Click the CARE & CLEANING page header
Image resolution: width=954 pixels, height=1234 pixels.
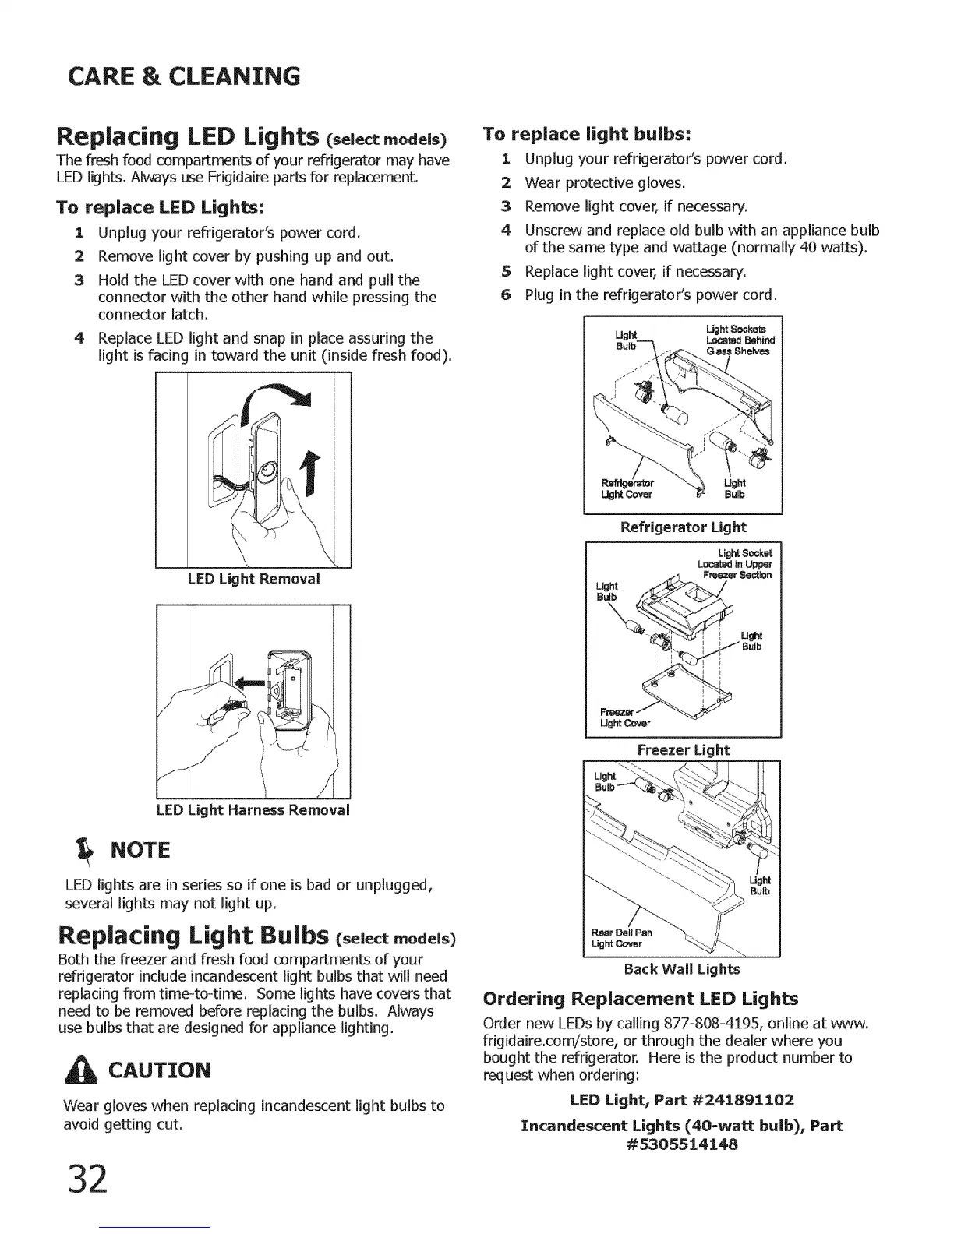(183, 76)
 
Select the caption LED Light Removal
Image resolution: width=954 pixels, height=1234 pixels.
(253, 579)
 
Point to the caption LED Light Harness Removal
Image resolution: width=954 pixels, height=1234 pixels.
(253, 809)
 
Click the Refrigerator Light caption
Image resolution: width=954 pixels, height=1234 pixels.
(683, 527)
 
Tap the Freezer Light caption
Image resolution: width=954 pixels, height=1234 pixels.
(683, 749)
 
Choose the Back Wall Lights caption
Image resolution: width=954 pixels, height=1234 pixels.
(682, 969)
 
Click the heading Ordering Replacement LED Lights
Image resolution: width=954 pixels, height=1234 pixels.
(641, 999)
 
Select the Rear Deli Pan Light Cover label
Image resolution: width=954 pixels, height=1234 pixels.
(622, 938)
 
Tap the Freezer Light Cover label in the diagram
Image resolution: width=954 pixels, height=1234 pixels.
(620, 717)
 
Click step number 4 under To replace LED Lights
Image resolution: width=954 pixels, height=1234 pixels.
(79, 338)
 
